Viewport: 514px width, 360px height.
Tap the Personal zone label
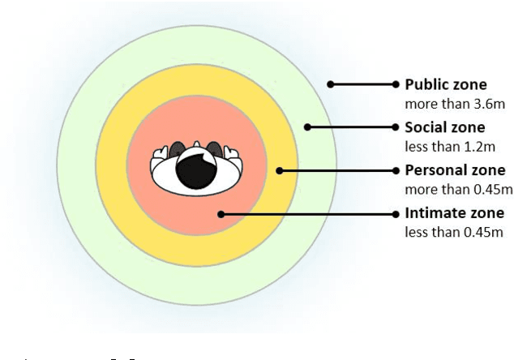(455, 170)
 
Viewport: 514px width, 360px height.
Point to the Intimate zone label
(451, 214)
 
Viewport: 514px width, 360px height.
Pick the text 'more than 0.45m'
(459, 190)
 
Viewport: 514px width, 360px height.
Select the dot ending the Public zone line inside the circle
(329, 84)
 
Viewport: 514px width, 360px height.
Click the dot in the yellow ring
(279, 170)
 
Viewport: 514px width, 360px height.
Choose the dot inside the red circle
(221, 214)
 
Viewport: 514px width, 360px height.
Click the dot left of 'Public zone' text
(396, 84)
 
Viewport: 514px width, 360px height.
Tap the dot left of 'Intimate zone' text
(396, 214)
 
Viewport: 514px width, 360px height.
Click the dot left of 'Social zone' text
(396, 127)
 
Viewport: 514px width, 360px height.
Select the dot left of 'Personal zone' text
(396, 170)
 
